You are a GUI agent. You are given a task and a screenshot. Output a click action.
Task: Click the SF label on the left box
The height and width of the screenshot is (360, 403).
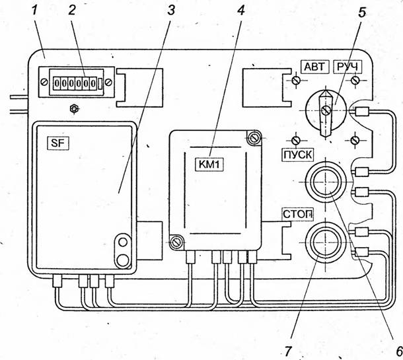(58, 143)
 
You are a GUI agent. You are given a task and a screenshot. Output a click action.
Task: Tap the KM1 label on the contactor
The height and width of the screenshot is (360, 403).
(209, 164)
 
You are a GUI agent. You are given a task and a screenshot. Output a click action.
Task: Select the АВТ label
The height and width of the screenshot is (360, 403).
(314, 67)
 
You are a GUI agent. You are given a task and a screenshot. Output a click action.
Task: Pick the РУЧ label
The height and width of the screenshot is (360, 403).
(348, 67)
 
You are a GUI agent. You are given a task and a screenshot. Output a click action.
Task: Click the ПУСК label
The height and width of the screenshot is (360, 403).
(298, 155)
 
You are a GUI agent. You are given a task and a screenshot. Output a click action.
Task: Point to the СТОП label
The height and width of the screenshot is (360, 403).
(298, 214)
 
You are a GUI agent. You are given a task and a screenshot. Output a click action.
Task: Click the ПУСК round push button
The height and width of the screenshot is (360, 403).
(326, 182)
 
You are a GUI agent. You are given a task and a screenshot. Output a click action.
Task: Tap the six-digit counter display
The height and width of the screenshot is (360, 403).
(75, 83)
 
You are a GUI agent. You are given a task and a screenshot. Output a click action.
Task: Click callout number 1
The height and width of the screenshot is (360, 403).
(34, 11)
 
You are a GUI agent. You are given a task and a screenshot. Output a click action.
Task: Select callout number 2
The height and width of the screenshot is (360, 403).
(72, 11)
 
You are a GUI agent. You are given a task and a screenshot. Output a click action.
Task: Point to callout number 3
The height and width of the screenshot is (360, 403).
(170, 11)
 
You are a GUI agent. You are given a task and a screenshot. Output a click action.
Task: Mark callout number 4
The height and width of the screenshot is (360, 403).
(240, 10)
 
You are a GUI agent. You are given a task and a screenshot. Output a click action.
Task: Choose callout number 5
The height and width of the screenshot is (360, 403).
(362, 13)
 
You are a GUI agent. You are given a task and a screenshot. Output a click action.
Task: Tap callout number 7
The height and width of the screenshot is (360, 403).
(287, 351)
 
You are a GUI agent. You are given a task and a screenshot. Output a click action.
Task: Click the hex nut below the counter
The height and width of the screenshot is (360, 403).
(74, 109)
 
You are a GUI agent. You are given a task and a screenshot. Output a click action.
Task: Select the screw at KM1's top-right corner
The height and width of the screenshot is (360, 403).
(254, 138)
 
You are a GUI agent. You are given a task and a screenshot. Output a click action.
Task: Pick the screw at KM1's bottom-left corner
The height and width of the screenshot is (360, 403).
(176, 242)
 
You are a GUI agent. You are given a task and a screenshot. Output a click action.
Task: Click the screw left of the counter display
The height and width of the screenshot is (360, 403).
(44, 82)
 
